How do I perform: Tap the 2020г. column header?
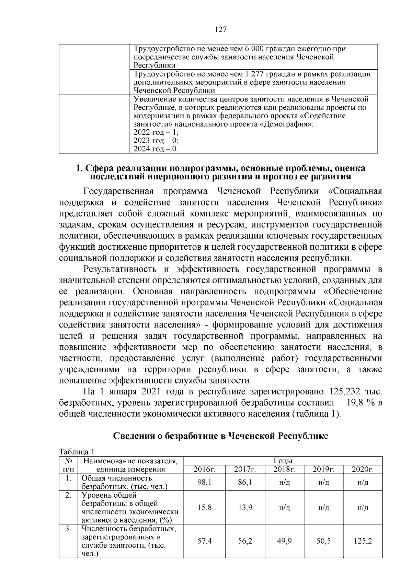pos(363,470)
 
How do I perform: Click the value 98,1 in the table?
pos(205,482)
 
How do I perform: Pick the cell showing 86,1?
pos(245,482)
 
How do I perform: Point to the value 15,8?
pos(205,507)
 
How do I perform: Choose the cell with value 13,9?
pos(245,507)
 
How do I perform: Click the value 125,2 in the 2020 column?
pos(363,541)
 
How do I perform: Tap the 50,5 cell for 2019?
pos(323,541)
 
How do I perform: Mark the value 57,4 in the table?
pos(205,541)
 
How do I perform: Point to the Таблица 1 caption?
pos(77,452)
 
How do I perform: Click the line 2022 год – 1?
pos(156,132)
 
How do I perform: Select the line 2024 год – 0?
pos(156,149)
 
